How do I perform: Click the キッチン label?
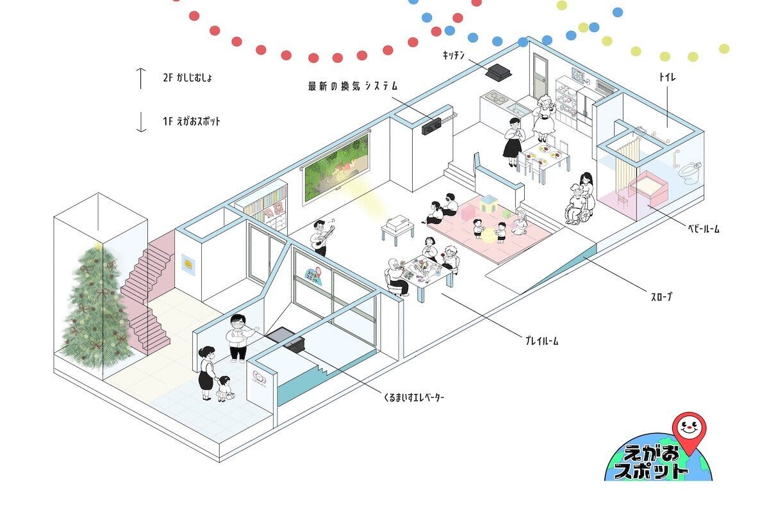(x=454, y=55)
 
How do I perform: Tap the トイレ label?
(x=667, y=77)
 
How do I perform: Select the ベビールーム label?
(x=704, y=228)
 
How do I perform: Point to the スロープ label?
(x=661, y=296)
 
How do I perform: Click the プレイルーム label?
(x=542, y=341)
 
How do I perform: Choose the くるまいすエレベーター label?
(x=414, y=397)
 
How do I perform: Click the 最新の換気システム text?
(x=352, y=86)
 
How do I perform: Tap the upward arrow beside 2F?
(x=141, y=79)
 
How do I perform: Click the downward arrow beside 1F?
(x=141, y=122)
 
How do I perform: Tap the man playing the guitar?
(x=322, y=237)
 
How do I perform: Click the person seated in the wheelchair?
(x=577, y=205)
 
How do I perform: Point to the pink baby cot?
(x=648, y=188)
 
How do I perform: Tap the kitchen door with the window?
(x=540, y=77)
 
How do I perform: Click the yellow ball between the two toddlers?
(x=488, y=236)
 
